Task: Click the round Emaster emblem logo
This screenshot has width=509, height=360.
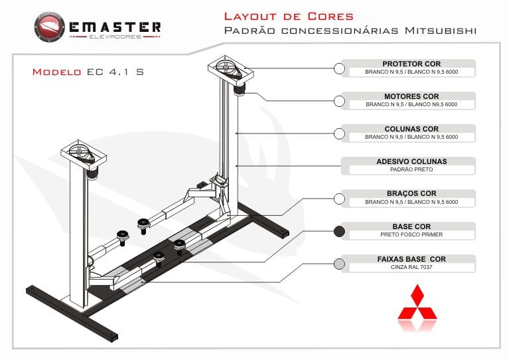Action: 50,29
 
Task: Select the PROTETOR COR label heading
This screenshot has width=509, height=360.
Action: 411,64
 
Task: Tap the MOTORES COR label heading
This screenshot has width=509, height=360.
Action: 411,96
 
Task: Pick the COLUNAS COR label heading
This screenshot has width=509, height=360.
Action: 411,129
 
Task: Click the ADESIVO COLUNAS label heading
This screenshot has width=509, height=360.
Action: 411,161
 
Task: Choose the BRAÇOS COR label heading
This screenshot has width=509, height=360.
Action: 411,194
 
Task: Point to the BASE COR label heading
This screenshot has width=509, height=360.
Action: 411,226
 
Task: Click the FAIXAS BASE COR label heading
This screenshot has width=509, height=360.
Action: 411,259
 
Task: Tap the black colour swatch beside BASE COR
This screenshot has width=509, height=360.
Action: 339,232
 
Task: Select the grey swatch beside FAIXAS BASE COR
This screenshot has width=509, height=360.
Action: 339,264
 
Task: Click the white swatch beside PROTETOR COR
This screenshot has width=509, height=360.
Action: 339,68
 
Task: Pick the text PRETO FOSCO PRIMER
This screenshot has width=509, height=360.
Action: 411,235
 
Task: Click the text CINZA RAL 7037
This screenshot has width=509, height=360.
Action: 411,268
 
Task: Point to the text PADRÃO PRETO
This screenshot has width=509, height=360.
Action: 411,170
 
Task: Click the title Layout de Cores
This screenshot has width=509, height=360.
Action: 289,16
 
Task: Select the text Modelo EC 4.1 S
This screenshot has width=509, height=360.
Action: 88,72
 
